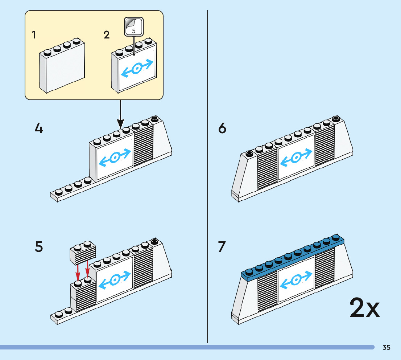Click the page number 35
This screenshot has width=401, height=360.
point(386,348)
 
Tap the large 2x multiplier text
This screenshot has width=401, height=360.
point(364,308)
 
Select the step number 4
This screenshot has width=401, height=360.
point(39,128)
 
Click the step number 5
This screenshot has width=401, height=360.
point(39,247)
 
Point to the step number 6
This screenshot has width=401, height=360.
point(222,128)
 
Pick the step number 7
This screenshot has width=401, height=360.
point(222,247)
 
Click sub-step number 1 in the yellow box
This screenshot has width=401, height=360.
point(34,35)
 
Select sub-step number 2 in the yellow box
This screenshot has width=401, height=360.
point(106,35)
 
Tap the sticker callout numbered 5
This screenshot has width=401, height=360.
point(134,27)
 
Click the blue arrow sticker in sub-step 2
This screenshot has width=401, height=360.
point(137,68)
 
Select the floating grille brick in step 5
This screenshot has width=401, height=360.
point(82,252)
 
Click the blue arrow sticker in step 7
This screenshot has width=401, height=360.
point(296,280)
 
